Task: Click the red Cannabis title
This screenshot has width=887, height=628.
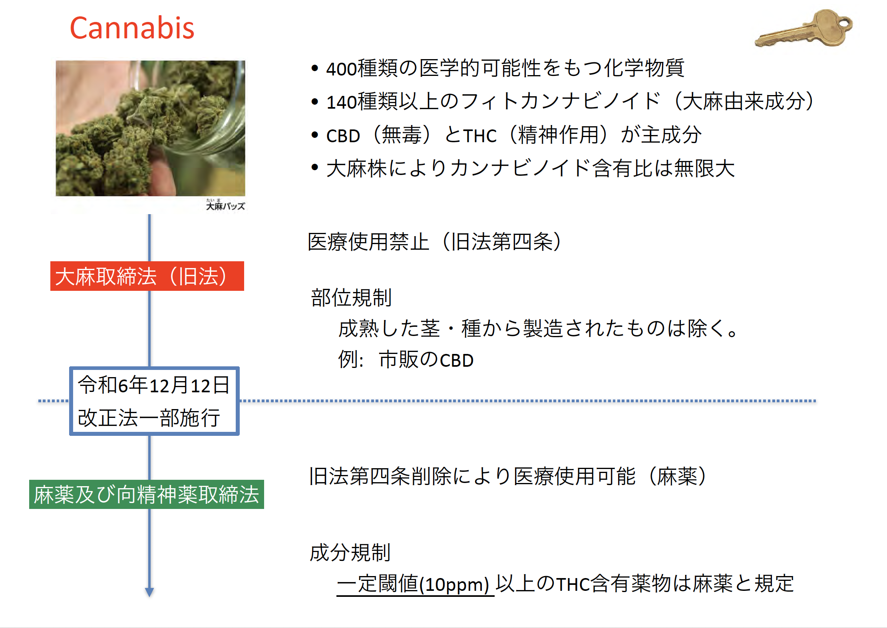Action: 132,28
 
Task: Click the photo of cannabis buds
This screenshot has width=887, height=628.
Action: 150,128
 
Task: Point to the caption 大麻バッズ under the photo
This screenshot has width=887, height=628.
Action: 225,205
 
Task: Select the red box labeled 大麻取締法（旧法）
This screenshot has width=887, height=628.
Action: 147,276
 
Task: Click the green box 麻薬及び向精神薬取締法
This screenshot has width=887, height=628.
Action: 147,495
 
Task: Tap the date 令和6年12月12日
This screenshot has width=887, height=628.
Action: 154,385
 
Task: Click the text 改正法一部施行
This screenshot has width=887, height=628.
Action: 149,418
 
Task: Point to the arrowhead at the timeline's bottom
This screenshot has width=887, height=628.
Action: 149,592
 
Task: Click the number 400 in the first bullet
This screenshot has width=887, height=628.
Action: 342,69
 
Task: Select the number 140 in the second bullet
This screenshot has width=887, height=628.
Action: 342,102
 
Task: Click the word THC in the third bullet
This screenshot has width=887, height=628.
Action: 480,136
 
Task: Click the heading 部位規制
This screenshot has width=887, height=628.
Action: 351,298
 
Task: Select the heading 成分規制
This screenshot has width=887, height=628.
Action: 350,553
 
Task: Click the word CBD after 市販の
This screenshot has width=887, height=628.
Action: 457,360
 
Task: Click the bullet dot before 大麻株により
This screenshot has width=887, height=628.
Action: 315,167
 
